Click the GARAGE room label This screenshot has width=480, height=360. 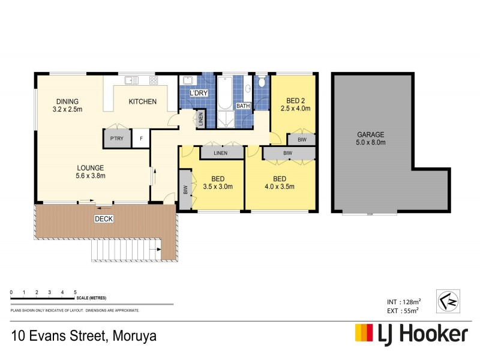coord(371,135)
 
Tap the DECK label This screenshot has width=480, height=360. coord(104,219)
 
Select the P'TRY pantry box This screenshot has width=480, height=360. coord(116,139)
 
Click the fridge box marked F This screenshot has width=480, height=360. coord(142,139)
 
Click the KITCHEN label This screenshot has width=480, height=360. coord(143,102)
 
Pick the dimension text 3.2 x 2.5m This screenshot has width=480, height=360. coord(67,110)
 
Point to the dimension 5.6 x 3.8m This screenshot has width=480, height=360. coord(90,176)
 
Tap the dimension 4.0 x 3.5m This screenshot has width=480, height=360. coord(280,187)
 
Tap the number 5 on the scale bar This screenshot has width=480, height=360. coord(75,292)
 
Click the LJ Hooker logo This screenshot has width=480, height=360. coord(411,334)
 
